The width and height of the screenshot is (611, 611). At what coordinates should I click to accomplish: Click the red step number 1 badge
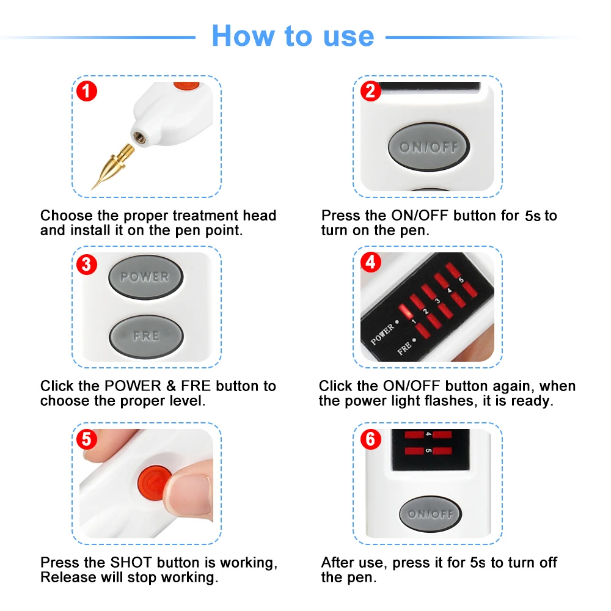click(87, 91)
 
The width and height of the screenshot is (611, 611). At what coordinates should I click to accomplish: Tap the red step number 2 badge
click(371, 91)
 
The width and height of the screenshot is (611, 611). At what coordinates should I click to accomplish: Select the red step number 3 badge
click(87, 264)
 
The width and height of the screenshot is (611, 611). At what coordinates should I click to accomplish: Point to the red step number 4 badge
click(371, 262)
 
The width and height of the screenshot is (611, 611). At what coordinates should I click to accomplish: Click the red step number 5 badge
click(87, 439)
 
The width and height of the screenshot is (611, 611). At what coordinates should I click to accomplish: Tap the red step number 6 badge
click(371, 439)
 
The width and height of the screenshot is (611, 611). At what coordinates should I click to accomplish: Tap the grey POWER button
click(145, 277)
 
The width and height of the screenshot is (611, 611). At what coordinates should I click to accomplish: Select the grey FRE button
click(146, 336)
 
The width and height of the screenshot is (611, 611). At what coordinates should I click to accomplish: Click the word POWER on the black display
click(382, 335)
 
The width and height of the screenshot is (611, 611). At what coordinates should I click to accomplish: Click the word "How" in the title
click(243, 36)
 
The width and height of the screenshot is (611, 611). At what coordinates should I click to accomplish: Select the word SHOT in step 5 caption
click(131, 563)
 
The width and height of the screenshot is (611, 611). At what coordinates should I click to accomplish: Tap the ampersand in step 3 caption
click(171, 386)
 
